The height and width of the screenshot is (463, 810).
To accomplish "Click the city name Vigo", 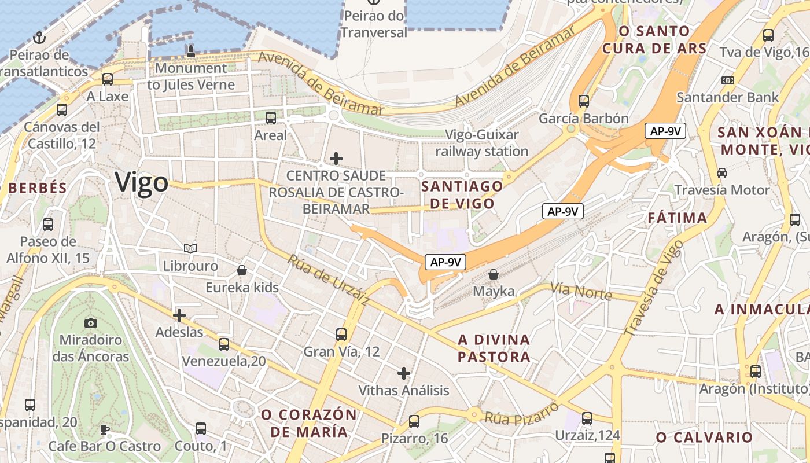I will click(x=142, y=182).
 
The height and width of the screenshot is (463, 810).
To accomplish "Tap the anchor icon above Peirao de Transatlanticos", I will click(x=39, y=38).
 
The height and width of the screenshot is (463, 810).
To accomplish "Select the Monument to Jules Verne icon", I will click(x=190, y=52).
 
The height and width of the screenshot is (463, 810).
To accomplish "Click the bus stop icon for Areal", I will click(x=271, y=119).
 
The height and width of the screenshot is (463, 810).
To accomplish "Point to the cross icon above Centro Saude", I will click(x=336, y=158).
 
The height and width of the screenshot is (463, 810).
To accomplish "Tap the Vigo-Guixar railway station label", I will click(x=482, y=143).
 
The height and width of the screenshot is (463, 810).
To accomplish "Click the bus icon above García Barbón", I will click(x=583, y=101).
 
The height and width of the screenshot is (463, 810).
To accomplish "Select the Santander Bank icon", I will click(x=728, y=80).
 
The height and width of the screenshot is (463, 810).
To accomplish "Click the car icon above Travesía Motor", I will click(x=722, y=172).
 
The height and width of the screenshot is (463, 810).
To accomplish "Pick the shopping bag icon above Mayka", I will click(x=494, y=274).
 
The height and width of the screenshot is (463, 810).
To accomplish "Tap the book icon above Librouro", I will click(x=190, y=249).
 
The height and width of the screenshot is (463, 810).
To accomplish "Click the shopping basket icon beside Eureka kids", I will click(x=242, y=270).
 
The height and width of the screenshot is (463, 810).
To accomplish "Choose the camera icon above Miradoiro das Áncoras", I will click(x=91, y=323).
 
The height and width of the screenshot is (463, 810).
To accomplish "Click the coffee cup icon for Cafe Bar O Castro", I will click(x=104, y=429).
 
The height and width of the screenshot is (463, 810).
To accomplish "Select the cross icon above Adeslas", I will click(x=179, y=315).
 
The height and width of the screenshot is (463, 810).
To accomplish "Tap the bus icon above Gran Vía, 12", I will click(x=341, y=334).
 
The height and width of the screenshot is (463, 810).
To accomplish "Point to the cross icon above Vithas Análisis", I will click(x=404, y=373).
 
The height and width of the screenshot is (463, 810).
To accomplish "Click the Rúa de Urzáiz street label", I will click(x=328, y=280).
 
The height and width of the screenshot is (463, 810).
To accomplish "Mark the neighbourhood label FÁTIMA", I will click(x=677, y=218).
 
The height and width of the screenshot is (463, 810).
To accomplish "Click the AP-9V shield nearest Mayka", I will click(x=445, y=262).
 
